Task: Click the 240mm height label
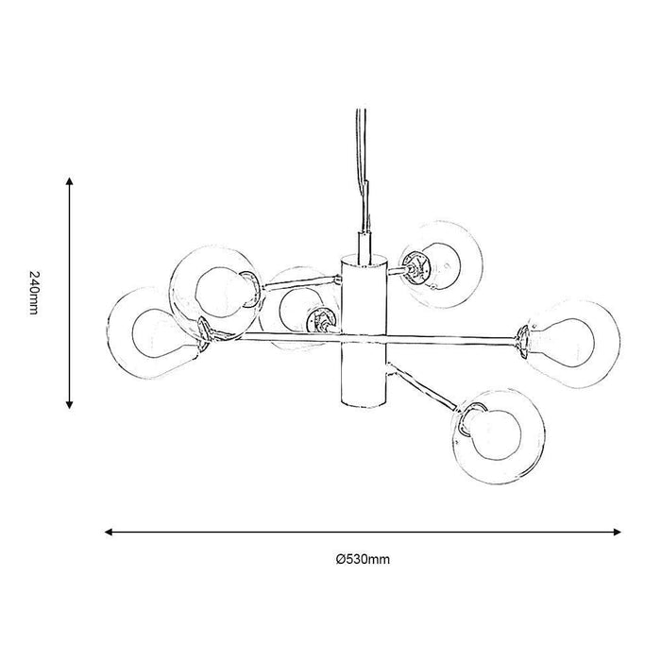tap(34, 293)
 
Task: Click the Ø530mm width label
tap(363, 559)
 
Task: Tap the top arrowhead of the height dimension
tap(70, 181)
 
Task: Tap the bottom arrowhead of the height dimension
tap(70, 405)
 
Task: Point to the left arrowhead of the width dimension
tap(109, 532)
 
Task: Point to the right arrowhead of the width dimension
tap(618, 532)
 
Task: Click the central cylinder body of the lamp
tap(364, 330)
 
